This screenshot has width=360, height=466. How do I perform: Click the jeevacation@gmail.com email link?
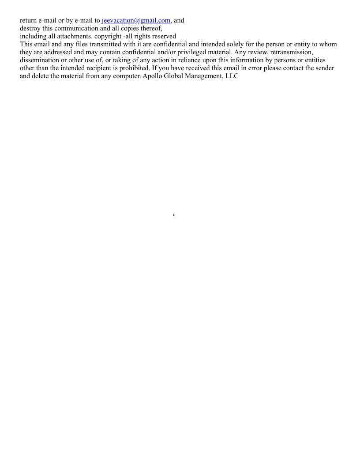[x=136, y=20]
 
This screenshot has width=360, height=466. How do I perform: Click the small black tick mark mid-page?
[x=174, y=215]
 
